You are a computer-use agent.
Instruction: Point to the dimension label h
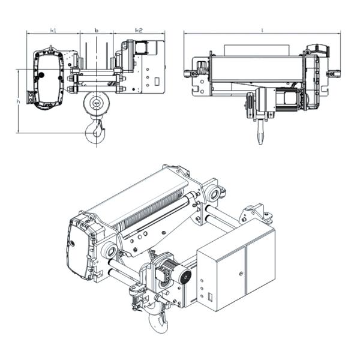click(19, 101)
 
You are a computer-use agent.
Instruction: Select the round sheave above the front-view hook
click(96, 104)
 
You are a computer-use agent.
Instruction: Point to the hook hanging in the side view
click(259, 133)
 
